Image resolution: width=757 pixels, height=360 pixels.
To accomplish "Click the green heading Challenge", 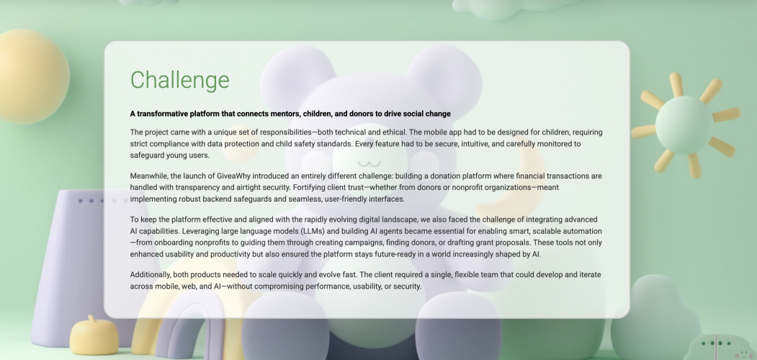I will click(179, 80).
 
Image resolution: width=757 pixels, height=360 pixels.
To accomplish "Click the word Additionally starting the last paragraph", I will click(153, 275).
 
